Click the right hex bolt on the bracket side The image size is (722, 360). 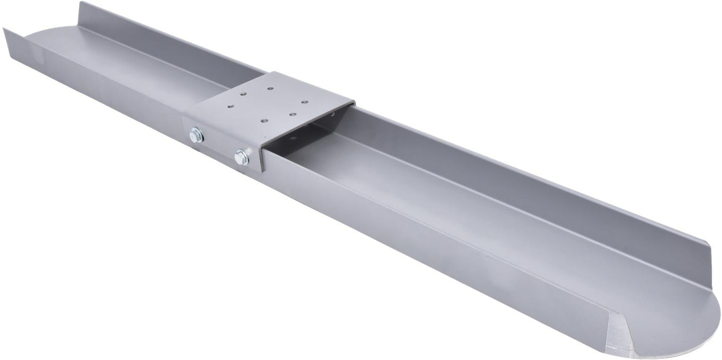pos(241,157)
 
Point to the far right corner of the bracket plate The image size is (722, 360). pos(354,101)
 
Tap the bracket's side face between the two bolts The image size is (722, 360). pos(219,147)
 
